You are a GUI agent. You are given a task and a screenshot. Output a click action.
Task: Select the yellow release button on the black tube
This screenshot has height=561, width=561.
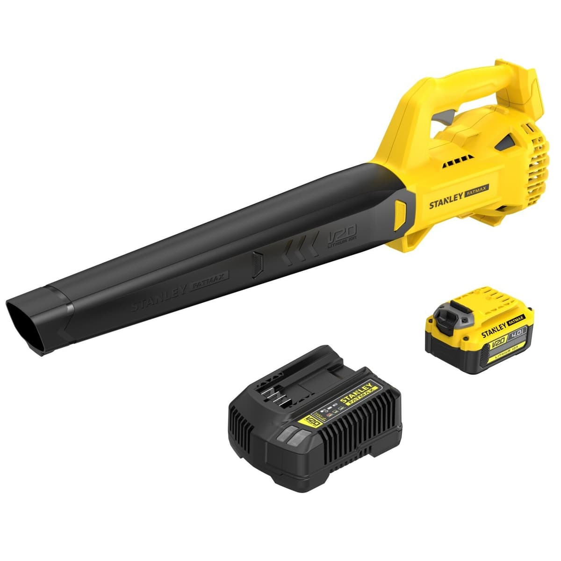click(x=401, y=213)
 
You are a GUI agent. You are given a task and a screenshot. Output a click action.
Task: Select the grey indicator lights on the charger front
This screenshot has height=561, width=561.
click(x=295, y=437)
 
